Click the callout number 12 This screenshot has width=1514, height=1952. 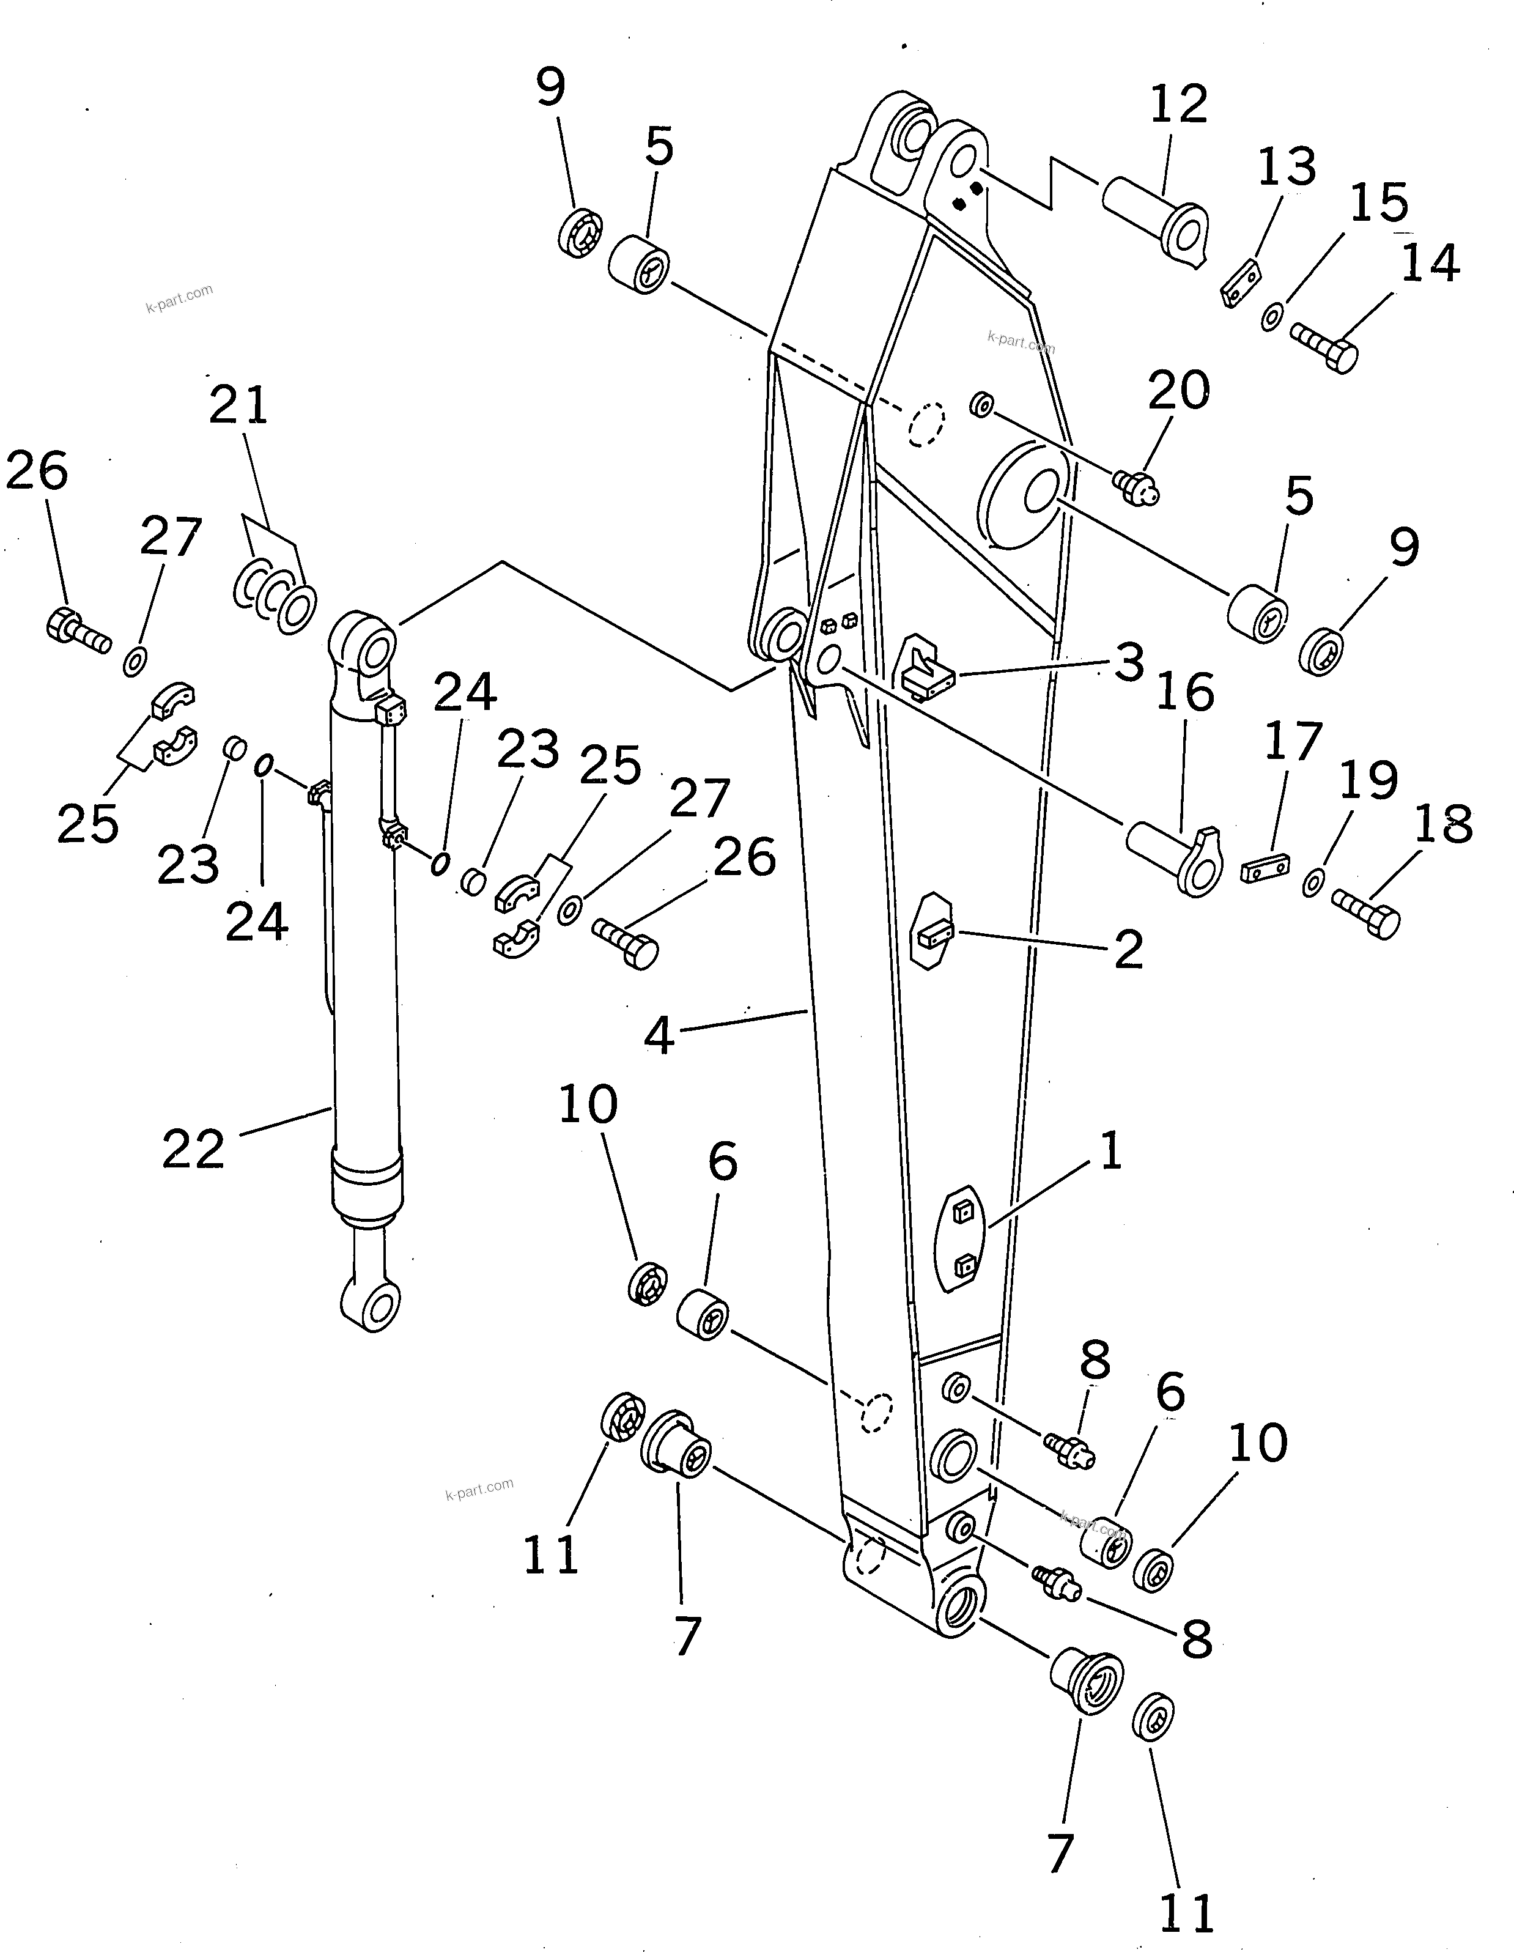(x=1178, y=105)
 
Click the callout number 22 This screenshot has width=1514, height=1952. (x=193, y=1150)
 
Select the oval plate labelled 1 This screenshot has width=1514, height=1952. (x=958, y=1238)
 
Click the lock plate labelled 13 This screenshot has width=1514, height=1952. (x=1241, y=283)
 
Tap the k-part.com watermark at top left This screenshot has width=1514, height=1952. (x=179, y=298)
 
